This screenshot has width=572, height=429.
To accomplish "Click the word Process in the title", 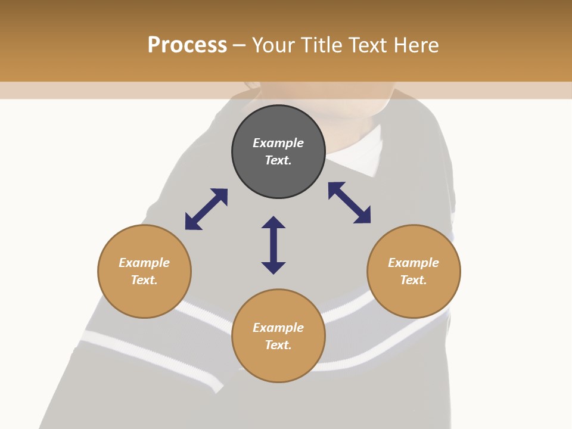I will pyautogui.click(x=187, y=45).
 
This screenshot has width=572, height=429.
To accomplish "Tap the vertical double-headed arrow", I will pyautogui.click(x=273, y=245).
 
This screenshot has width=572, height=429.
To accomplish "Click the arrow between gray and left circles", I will pyautogui.click(x=206, y=209).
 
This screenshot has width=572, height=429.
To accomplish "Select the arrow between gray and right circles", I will pyautogui.click(x=349, y=203).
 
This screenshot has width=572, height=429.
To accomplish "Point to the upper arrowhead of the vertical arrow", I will pyautogui.click(x=273, y=223).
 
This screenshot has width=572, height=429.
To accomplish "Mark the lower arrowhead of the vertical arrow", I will pyautogui.click(x=273, y=267).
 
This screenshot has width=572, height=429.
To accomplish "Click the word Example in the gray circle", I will pyautogui.click(x=278, y=143).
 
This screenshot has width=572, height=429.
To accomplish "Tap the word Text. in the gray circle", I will pyautogui.click(x=278, y=160).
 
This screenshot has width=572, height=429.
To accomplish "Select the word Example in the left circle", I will pyautogui.click(x=144, y=263).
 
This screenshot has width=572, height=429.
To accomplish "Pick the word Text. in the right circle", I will pyautogui.click(x=414, y=280).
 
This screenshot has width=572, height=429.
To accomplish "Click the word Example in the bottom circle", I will pyautogui.click(x=278, y=328).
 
